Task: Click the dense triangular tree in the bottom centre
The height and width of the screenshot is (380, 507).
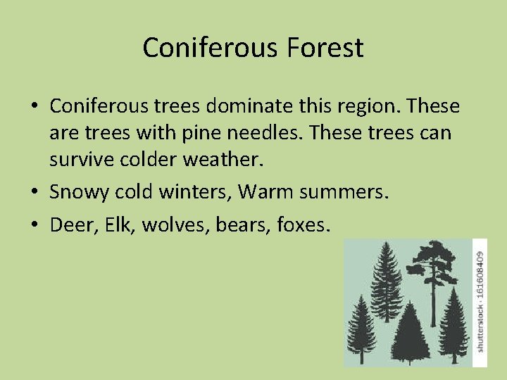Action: point(411,338)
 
